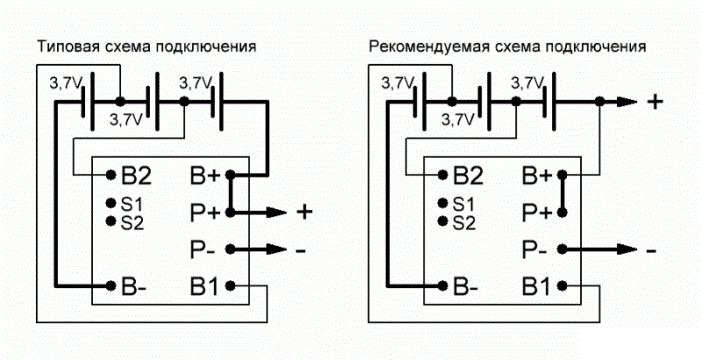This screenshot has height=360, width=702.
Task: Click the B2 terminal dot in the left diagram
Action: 111,174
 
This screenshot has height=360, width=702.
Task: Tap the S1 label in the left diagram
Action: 133,205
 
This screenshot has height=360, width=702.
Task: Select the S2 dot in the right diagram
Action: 442,220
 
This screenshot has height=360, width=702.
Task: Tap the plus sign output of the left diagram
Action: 304,212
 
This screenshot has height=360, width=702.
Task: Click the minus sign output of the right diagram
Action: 651,250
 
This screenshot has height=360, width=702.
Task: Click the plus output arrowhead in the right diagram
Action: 627,102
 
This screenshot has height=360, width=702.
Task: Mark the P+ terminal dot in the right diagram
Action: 562,212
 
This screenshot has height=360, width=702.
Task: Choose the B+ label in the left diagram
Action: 206,175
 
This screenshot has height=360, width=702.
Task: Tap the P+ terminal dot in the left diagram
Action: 230,212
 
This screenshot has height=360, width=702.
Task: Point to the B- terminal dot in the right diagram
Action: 442,285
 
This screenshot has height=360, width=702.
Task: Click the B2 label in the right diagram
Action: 469,175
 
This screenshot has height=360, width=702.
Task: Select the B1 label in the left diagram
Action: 204,285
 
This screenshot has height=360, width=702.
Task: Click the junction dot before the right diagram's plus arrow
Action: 599,102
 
